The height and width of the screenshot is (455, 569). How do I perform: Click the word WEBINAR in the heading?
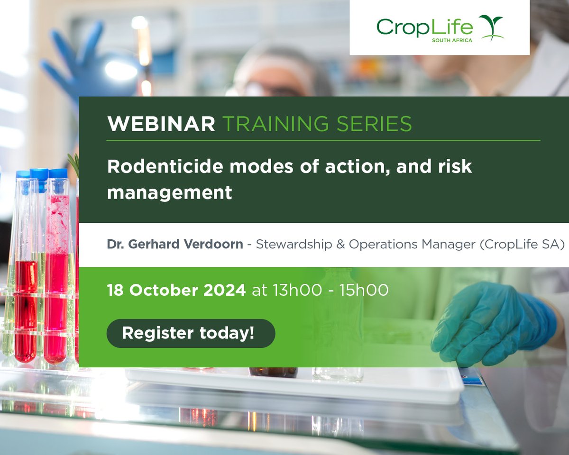(x=161, y=124)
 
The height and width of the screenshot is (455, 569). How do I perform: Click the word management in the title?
(x=169, y=192)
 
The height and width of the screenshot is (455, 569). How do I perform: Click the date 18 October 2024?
(x=176, y=290)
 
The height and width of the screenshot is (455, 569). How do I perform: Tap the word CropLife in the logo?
(x=424, y=27)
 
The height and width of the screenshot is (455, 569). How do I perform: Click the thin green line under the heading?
(x=323, y=140)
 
